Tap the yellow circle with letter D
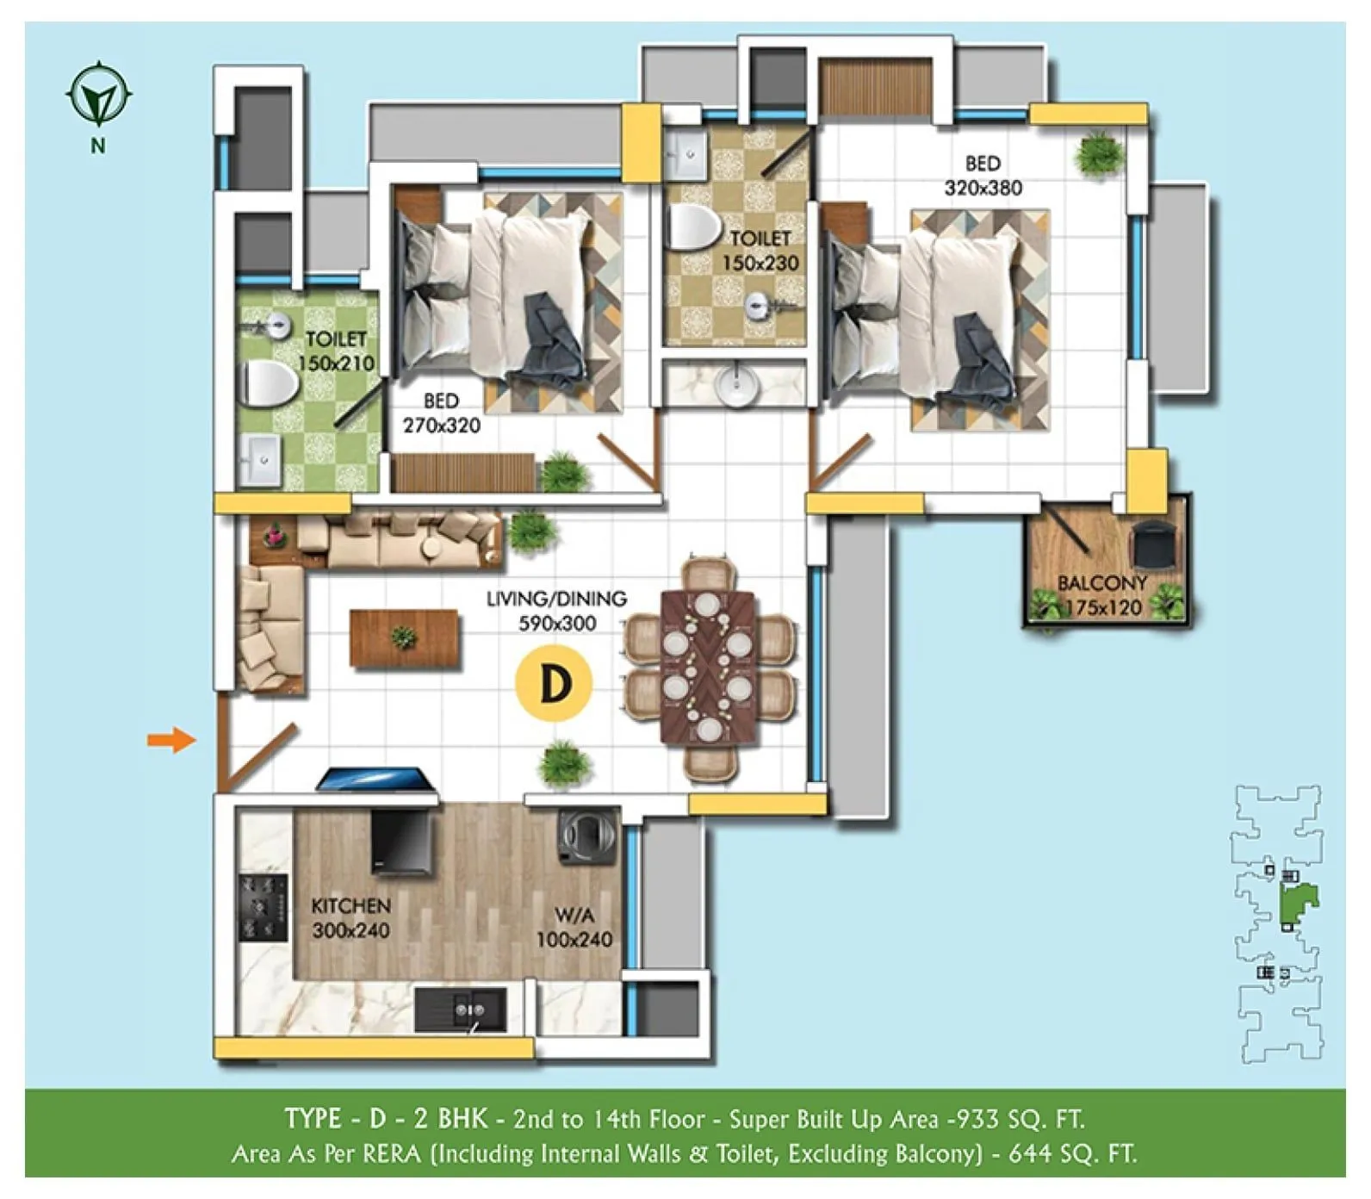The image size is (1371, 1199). coord(555,683)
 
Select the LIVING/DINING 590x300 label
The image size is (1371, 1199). coord(556,611)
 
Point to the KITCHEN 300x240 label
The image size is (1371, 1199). coord(351,917)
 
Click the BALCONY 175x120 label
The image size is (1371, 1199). coord(1102,595)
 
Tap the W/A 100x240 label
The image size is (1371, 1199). coord(574,928)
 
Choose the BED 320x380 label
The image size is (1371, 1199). coord(983,176)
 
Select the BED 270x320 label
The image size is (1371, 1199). coord(441,413)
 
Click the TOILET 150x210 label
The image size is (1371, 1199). coord(336,351)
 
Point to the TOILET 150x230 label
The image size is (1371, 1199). coord(760,250)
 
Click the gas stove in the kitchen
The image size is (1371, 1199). coord(263,907)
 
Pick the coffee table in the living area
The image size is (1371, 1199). coord(404,637)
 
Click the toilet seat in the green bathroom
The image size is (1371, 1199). coord(267,383)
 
